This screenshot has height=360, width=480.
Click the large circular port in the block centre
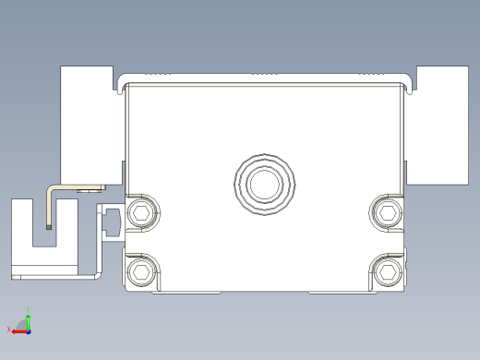tap(267, 184)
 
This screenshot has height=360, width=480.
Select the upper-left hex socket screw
tap(141, 214)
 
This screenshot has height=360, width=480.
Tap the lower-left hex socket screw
tap(141, 271)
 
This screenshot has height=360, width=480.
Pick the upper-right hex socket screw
tap(388, 214)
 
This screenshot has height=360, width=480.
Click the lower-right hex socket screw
tap(388, 271)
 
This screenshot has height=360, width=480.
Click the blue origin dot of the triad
tap(29, 330)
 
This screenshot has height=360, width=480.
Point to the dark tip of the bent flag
tap(47, 223)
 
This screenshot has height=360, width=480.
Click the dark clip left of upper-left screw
tap(113, 222)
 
